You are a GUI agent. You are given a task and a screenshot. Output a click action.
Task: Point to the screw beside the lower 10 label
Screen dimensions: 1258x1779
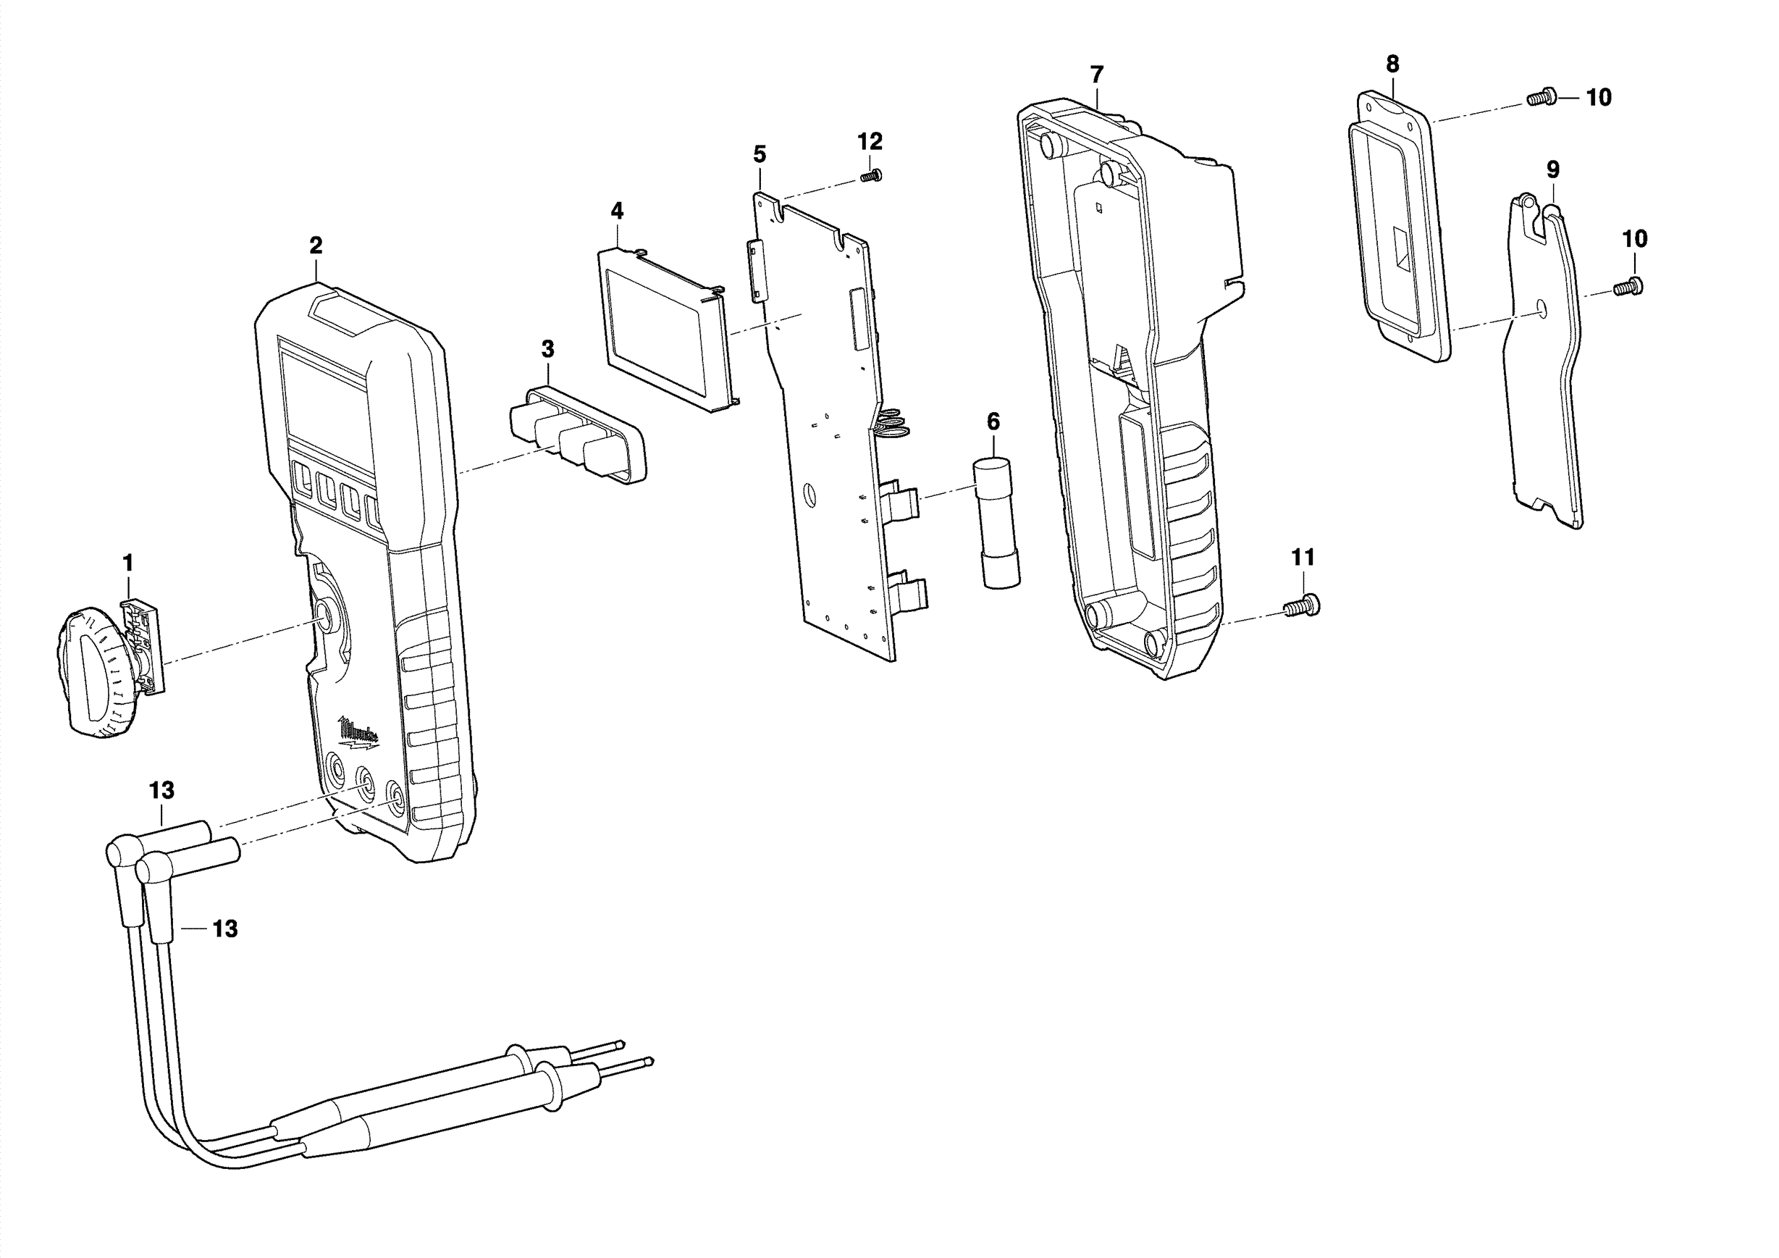1628,286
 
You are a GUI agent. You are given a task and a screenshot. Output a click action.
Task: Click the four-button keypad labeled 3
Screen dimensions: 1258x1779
578,434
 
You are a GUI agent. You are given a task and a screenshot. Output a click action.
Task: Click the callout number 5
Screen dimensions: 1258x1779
760,154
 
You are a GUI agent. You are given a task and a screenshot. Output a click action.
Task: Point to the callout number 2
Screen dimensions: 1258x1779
316,246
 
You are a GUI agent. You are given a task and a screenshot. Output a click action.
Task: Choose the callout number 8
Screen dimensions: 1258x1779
1392,64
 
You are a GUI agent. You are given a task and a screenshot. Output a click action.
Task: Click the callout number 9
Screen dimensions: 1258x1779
1553,169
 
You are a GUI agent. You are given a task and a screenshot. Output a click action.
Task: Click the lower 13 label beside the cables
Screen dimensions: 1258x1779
224,928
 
